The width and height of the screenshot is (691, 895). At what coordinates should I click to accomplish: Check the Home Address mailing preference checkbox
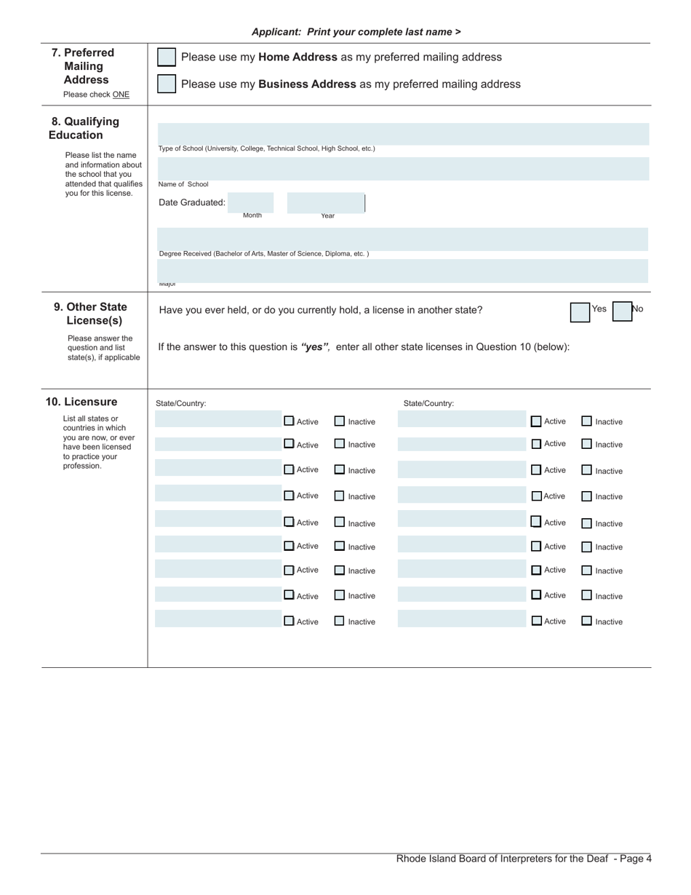point(167,57)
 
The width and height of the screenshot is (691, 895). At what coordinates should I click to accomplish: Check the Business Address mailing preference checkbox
point(167,84)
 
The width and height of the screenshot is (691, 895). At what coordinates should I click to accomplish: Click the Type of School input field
point(403,134)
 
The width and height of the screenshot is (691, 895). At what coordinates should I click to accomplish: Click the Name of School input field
point(403,169)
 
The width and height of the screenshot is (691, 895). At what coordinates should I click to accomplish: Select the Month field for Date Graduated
point(251,202)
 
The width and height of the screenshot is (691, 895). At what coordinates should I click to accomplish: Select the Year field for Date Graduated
point(325,202)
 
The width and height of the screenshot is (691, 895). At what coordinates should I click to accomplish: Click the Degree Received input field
point(403,239)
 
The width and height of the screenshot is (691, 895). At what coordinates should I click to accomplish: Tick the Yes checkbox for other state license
point(580,312)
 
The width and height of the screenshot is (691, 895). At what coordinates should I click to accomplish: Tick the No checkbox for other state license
point(622,312)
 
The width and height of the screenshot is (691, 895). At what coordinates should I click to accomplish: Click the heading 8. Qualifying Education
point(85,128)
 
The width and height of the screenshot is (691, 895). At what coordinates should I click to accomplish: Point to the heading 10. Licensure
point(81,402)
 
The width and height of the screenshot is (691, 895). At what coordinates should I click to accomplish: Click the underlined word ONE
point(121,95)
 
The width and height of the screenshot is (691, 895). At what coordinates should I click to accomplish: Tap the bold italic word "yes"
point(315,347)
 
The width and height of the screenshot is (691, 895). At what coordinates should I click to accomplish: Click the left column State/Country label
point(181,403)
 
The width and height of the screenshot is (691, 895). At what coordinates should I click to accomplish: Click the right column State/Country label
point(428,403)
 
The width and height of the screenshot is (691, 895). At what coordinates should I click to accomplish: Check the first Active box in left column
point(289,421)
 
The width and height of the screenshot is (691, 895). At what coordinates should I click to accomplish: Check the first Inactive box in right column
point(587,421)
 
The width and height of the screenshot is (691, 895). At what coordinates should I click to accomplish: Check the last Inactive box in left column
point(340,621)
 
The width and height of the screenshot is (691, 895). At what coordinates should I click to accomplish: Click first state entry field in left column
point(217,419)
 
